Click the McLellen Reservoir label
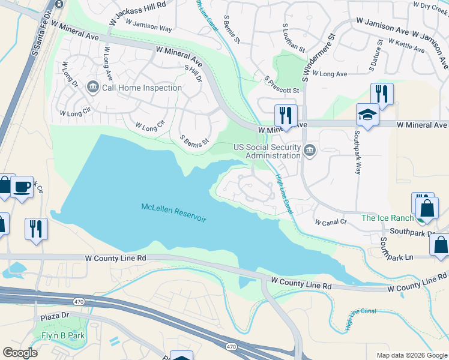click(x=173, y=212)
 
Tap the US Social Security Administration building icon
click(x=310, y=150)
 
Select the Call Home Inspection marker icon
click(x=93, y=88)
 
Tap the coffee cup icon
click(x=22, y=187)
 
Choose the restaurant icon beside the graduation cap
click(x=382, y=93)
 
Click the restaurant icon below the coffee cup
click(x=35, y=229)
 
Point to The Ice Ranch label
click(x=387, y=218)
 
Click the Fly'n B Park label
click(x=63, y=335)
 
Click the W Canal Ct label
click(x=331, y=221)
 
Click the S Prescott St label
click(x=282, y=85)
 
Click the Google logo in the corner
click(x=20, y=353)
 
